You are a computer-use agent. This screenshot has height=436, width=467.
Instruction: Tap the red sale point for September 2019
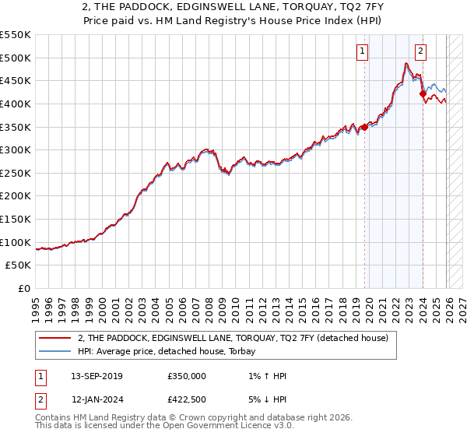point(364,127)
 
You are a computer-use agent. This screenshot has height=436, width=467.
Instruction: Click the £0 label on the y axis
point(26,289)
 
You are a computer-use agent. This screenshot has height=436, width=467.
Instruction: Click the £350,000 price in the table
point(187,376)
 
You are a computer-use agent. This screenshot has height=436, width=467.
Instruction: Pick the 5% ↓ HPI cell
point(265,400)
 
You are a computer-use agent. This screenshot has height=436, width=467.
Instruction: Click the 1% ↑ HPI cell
point(265,376)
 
